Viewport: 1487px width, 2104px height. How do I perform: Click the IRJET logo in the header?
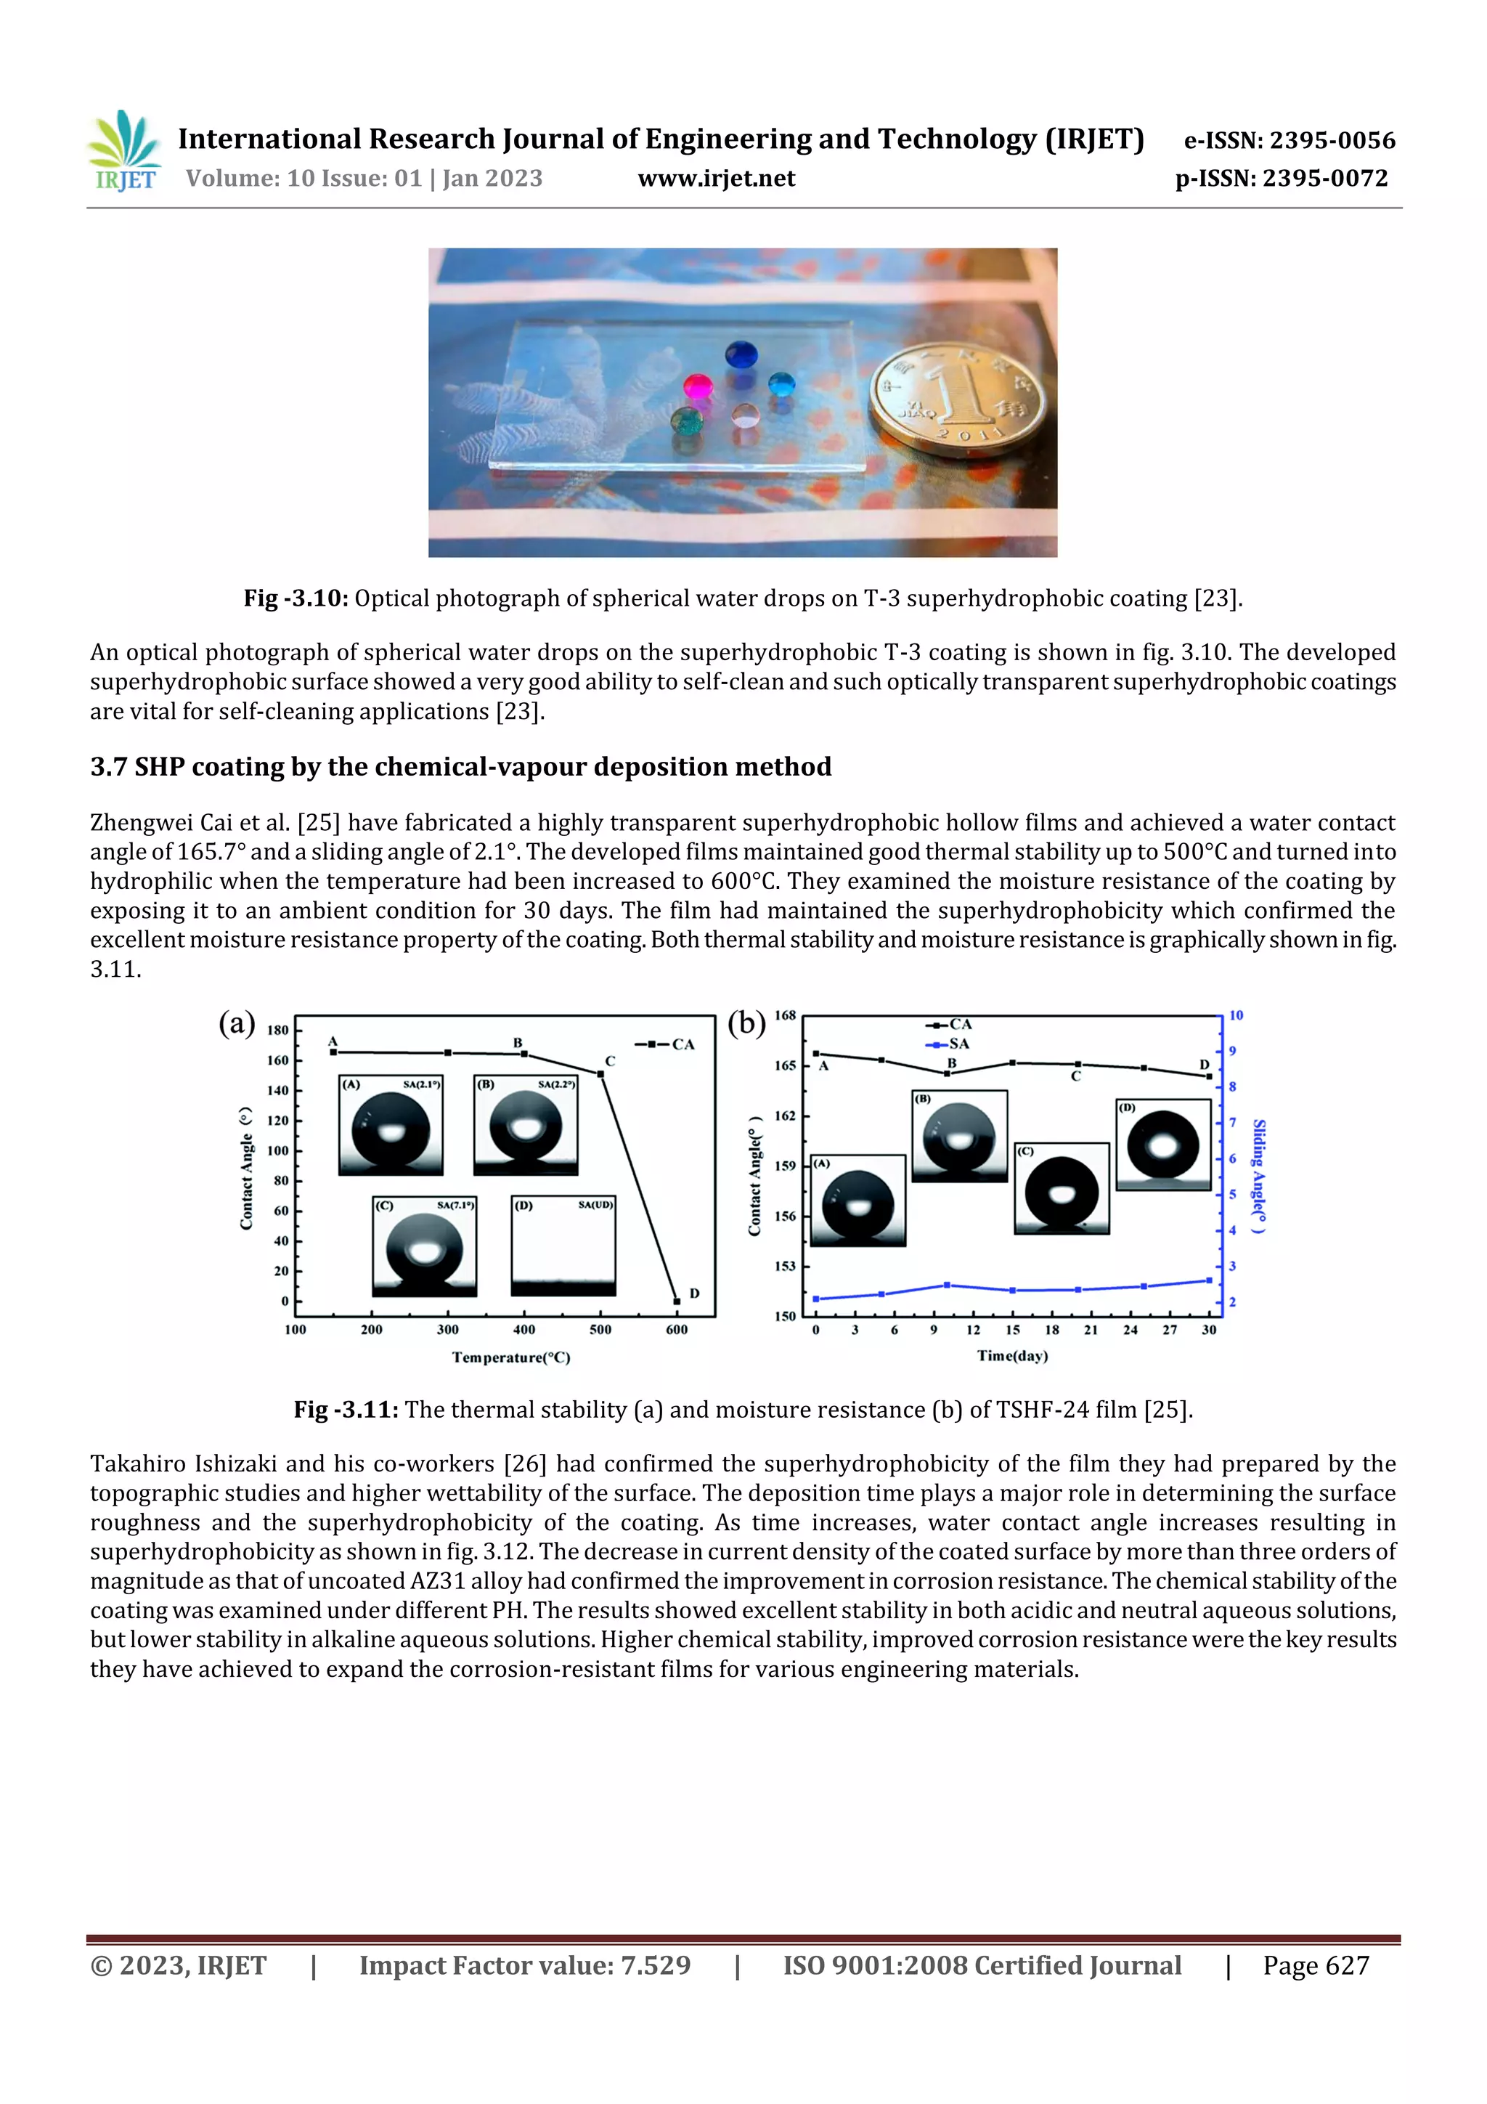[125, 151]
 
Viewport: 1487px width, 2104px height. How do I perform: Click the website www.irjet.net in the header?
[717, 179]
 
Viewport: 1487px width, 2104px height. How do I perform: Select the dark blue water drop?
[741, 354]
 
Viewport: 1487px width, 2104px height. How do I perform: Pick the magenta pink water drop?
[699, 388]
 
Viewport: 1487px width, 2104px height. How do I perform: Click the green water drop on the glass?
[686, 421]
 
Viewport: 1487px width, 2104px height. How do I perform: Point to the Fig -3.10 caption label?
[295, 598]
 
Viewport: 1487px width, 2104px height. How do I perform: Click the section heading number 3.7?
[109, 766]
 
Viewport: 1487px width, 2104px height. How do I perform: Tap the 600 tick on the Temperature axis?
[676, 1330]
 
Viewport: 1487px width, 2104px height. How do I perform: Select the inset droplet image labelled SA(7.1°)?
[424, 1246]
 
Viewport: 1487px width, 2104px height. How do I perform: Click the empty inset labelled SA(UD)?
[563, 1246]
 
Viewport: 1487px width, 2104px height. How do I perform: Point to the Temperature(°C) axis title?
[511, 1358]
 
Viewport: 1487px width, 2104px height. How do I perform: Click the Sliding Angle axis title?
[1260, 1176]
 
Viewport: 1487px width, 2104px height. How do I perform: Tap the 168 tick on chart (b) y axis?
[785, 1015]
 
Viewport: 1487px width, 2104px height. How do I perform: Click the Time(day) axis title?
[1012, 1356]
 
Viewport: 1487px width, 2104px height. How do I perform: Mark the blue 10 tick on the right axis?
[1236, 1015]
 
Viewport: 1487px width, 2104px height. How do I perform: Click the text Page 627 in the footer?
[1316, 1965]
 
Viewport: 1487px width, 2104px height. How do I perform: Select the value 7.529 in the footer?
[655, 1965]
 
